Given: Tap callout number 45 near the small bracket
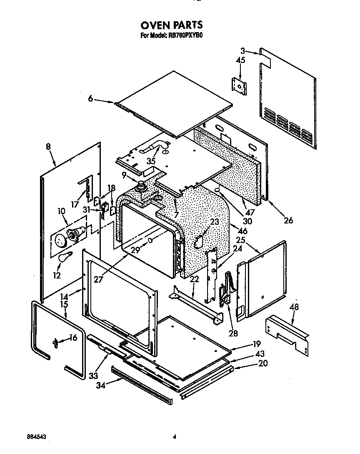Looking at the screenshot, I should point(240,60).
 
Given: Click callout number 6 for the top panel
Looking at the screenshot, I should point(90,99).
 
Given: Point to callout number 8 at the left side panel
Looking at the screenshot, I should point(48,146).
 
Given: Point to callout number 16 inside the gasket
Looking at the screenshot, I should point(73,338).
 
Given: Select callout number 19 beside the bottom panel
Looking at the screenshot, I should point(256,344).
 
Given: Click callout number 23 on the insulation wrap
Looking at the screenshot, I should point(214,222).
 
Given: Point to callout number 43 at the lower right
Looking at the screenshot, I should point(260,353).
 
